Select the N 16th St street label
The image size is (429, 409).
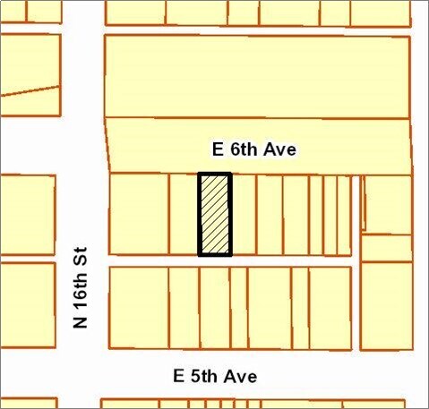[82, 289]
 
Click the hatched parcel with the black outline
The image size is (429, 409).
[215, 215]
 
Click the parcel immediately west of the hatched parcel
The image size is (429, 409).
[183, 215]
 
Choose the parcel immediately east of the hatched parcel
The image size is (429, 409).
[244, 215]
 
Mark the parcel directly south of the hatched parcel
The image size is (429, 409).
[215, 307]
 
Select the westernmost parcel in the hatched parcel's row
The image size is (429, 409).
[139, 215]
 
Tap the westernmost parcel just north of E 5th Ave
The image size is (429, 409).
[139, 307]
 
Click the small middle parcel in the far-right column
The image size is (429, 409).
[387, 247]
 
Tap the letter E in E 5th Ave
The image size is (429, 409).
[176, 377]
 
